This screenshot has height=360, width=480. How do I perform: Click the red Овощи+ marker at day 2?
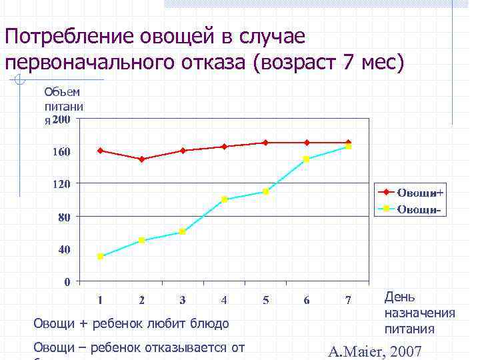point(142,159)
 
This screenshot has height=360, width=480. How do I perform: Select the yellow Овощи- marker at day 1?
point(101,257)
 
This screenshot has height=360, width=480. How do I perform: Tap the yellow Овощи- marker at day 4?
point(225,199)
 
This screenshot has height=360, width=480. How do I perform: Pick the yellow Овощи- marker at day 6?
point(307,159)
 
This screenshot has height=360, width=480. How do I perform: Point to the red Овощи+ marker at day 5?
point(265,143)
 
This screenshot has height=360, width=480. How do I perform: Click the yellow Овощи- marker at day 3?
point(183,232)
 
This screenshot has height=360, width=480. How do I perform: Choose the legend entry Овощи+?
point(420,193)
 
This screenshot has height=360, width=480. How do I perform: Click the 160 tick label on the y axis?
point(62,152)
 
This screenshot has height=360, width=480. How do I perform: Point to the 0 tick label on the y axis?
point(67,282)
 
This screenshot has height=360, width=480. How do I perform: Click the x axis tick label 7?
point(348,301)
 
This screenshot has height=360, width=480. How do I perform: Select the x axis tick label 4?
point(224,301)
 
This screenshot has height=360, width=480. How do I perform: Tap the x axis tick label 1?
point(101,301)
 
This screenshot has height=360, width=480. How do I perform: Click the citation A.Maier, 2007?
point(375,351)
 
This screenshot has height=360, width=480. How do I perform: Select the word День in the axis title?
point(400,297)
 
